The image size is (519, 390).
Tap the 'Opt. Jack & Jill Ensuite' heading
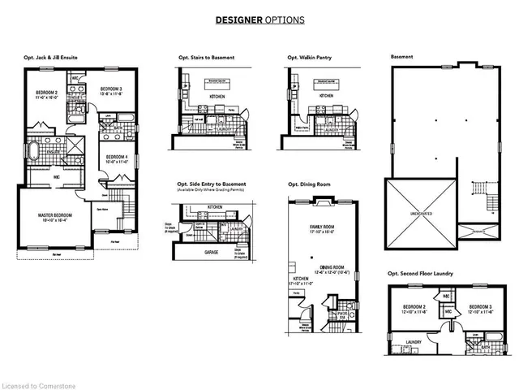[x=54, y=58]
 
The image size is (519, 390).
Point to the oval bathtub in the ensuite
[x=36, y=151]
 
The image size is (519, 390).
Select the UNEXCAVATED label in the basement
[x=420, y=214]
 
